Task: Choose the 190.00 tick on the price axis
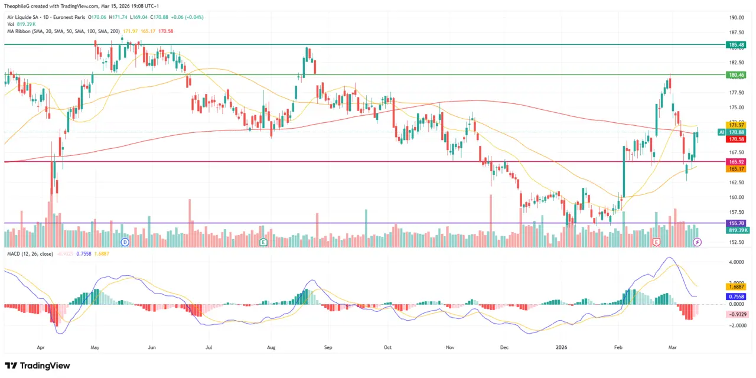point(736,18)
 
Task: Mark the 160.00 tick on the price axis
point(736,197)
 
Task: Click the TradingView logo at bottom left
point(37,366)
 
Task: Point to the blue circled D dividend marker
point(125,242)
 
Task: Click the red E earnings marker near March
point(656,242)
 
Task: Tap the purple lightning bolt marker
point(698,242)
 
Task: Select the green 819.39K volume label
point(738,230)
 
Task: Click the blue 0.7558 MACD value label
point(737,296)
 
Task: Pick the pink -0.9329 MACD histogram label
point(737,314)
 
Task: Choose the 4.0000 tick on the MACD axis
point(736,262)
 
